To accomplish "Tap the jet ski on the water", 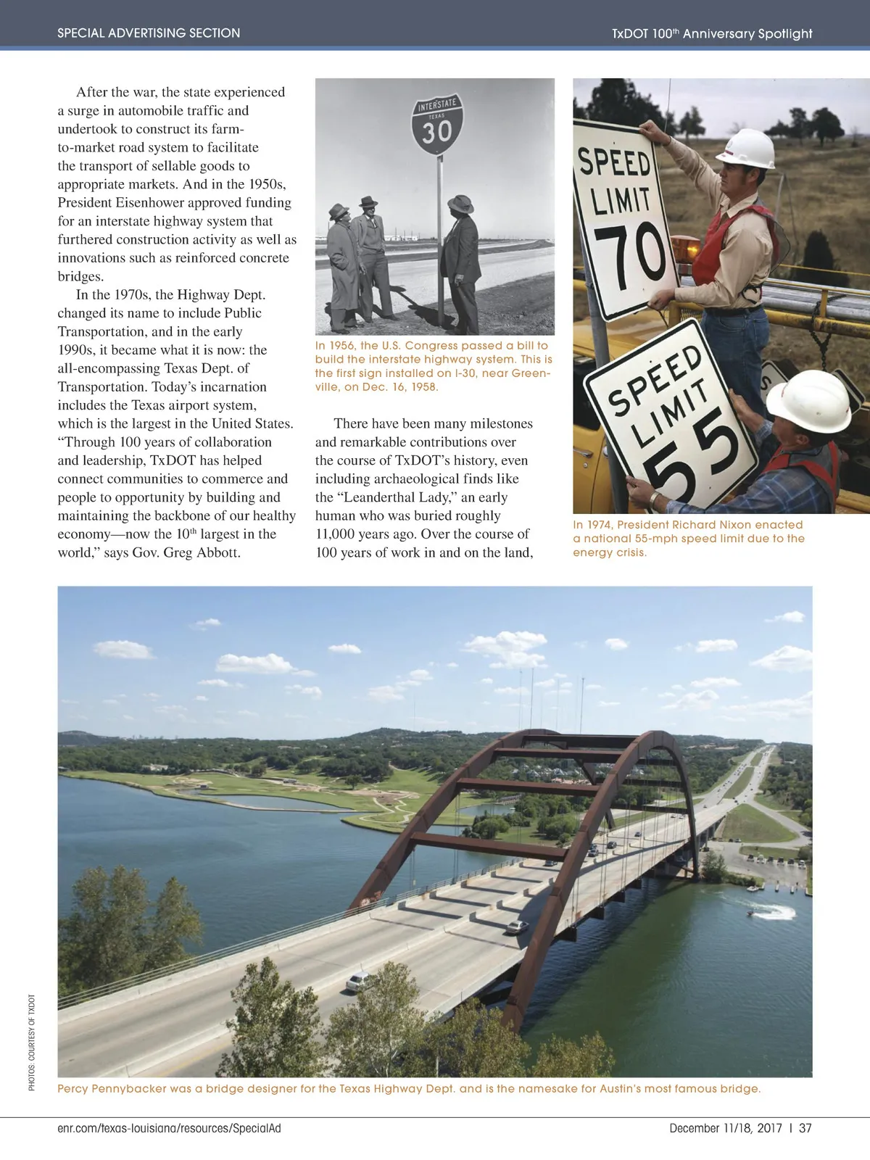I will (765, 912).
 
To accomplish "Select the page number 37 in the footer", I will (805, 1128).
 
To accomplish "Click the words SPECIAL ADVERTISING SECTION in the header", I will (149, 33).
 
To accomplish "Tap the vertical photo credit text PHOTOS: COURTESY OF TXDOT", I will (32, 1043).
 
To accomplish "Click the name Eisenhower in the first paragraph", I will (150, 203).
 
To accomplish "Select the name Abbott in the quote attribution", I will (218, 552).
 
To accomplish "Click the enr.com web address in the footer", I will (168, 1128).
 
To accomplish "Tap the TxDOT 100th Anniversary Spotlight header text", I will (711, 33).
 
